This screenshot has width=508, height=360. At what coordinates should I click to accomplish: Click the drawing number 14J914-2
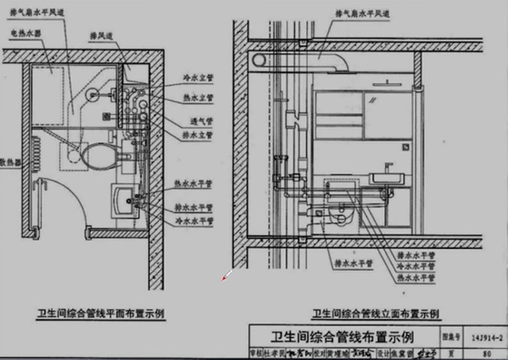tap(486, 338)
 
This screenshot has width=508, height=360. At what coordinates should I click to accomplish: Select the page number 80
tap(486, 353)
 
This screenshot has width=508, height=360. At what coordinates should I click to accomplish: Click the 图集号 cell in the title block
tap(451, 338)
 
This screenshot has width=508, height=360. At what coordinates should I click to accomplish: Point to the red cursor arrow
tap(226, 277)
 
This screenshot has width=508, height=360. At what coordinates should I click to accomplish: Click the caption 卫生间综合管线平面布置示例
tap(100, 314)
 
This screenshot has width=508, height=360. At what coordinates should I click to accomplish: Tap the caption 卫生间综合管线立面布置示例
tap(375, 314)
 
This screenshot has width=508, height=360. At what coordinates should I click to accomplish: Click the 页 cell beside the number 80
tap(451, 353)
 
